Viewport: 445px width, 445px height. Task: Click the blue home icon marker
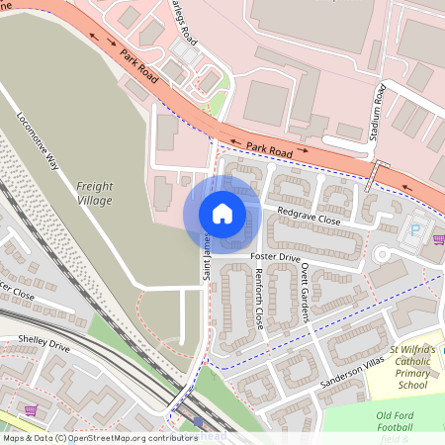222,213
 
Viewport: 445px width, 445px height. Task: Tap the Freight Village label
95,192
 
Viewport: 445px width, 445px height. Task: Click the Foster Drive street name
275,257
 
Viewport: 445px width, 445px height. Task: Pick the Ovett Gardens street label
306,293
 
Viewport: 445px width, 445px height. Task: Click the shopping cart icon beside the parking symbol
438,238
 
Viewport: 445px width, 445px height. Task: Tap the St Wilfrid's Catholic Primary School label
415,362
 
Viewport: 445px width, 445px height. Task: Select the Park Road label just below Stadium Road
269,148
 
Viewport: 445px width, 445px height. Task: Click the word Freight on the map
95,185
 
